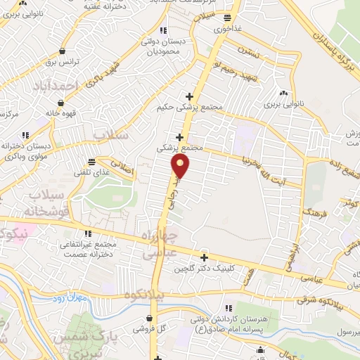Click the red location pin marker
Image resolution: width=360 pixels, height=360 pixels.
[181, 167]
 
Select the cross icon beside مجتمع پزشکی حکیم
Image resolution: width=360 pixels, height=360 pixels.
[188, 96]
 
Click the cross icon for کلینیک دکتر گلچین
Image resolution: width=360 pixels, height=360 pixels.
[204, 257]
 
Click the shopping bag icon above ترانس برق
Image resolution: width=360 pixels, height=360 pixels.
[63, 51]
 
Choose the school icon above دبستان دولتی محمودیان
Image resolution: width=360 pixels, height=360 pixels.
[163, 30]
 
